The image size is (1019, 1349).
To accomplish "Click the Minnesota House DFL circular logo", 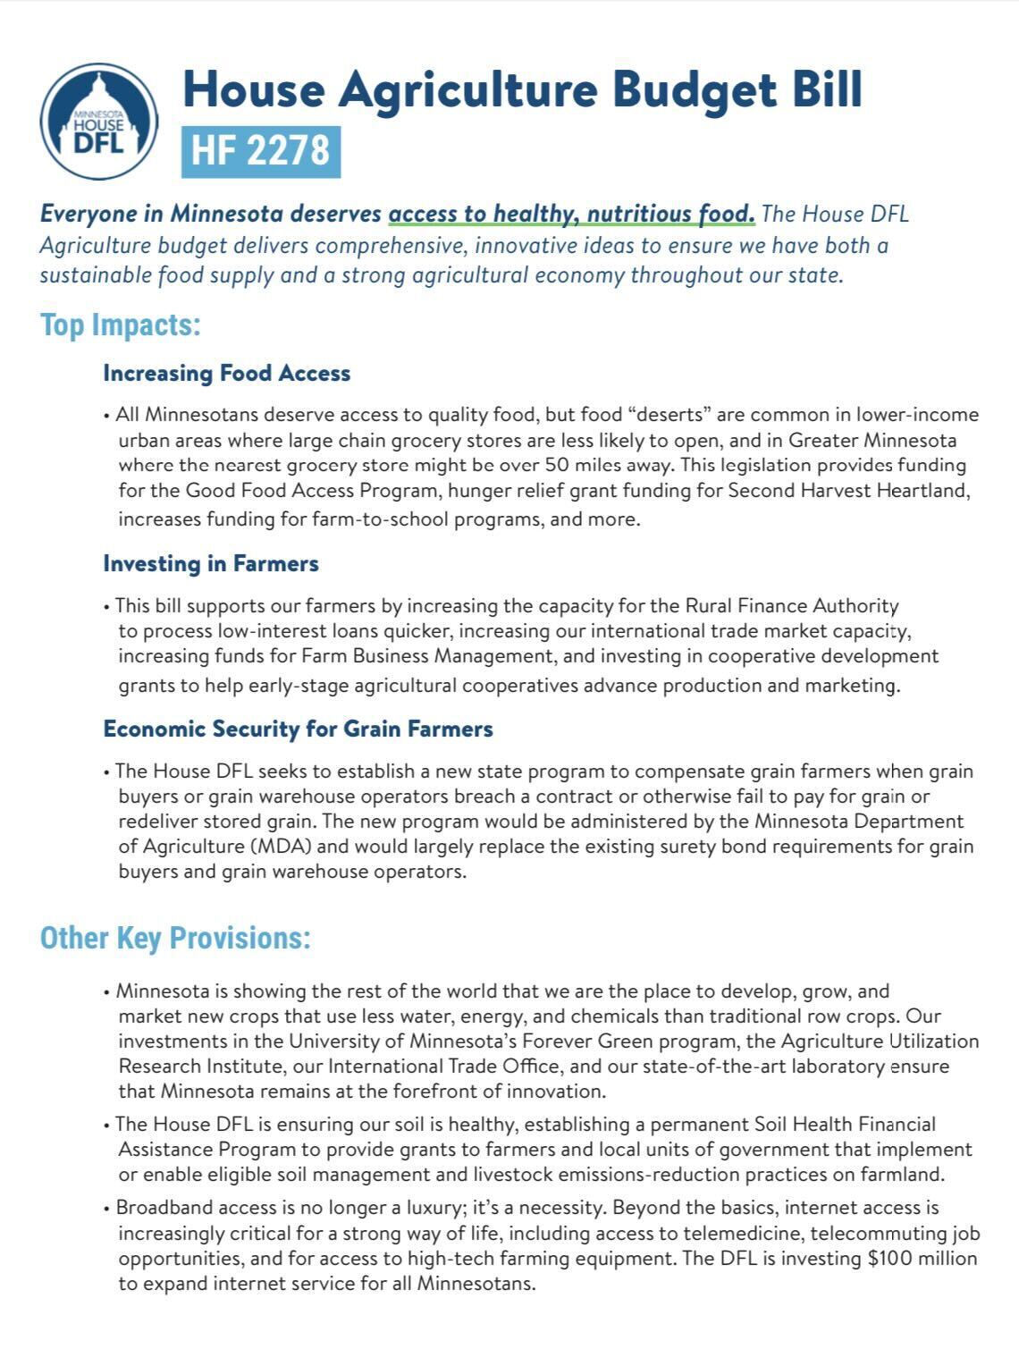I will [98, 122].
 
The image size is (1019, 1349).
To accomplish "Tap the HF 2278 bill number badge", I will [260, 150].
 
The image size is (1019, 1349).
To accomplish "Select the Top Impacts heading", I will [120, 325].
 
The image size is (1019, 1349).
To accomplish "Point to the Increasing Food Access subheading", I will [226, 373].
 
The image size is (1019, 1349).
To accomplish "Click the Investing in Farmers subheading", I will [210, 563].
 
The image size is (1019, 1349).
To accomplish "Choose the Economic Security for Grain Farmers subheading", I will [298, 729].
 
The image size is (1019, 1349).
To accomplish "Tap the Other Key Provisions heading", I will [175, 938].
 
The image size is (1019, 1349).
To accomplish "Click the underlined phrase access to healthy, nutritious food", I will [571, 214].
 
